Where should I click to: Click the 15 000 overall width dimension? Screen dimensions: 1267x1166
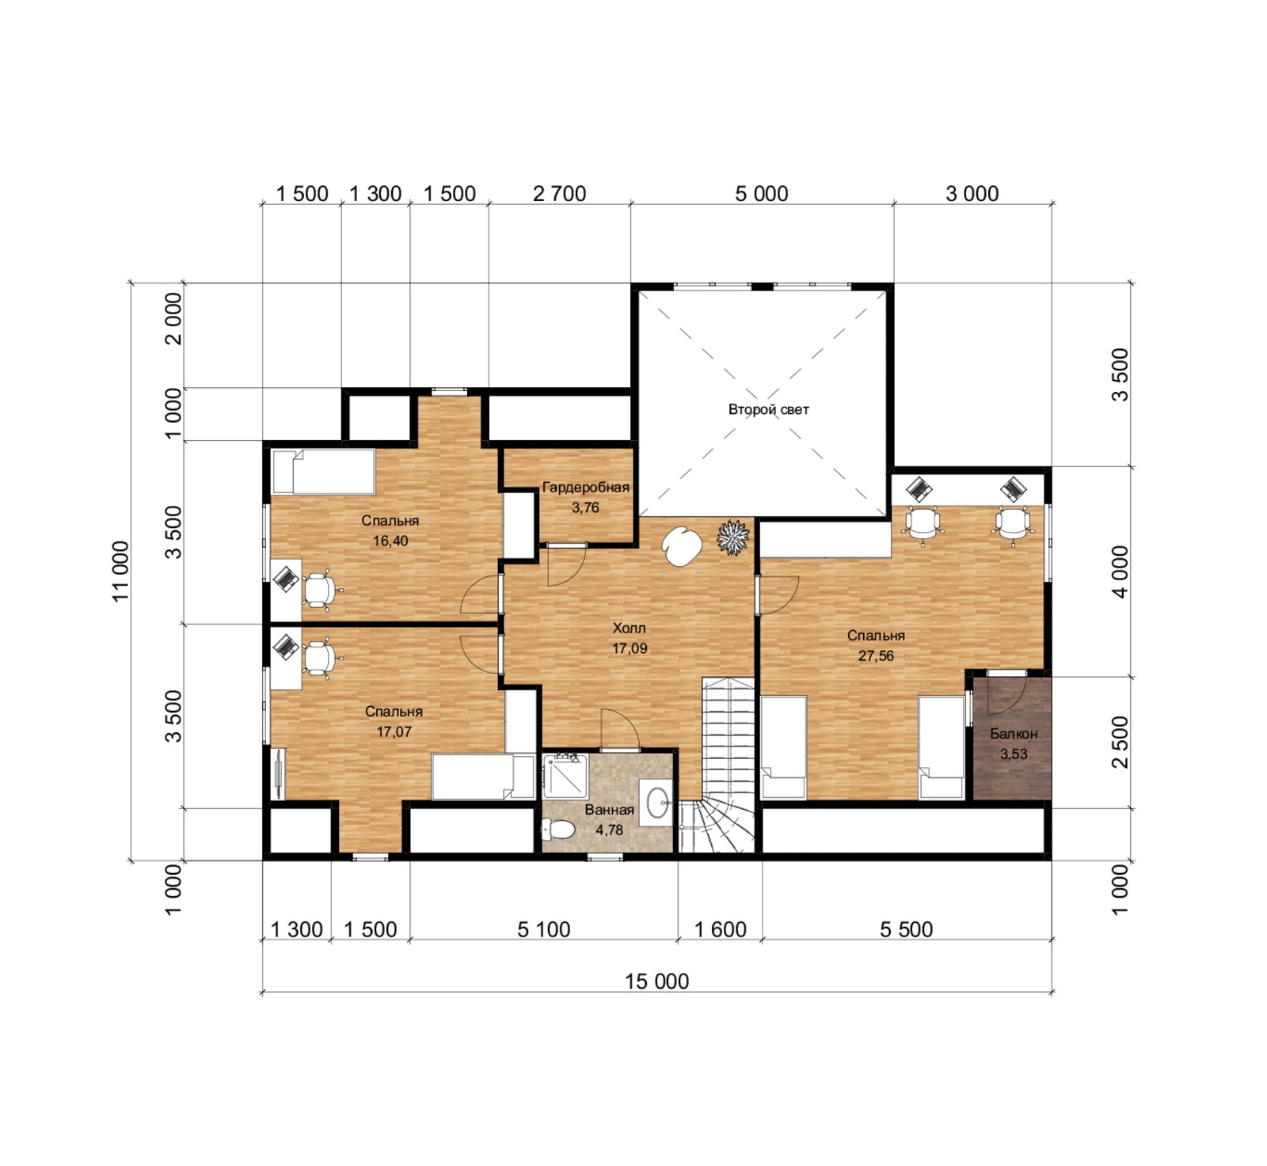coord(656,982)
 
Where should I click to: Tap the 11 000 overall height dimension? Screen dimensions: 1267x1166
coord(120,572)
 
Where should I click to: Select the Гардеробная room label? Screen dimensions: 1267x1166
coord(585,487)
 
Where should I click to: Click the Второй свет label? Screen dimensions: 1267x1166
coord(768,409)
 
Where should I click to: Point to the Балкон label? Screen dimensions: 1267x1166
coord(1014,734)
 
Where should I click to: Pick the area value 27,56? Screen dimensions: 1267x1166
coord(876,655)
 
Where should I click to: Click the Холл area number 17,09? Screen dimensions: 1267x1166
coord(630,648)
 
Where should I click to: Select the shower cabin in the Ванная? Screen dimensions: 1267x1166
coord(565,776)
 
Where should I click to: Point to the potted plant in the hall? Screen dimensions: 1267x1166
coord(732,537)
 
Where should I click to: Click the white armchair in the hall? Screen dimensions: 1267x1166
coord(682,546)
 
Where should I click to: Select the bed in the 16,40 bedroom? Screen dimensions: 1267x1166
coord(323,472)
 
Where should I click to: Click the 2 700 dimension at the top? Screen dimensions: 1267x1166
coord(559,194)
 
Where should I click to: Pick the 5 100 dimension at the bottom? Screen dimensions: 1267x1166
coord(543,929)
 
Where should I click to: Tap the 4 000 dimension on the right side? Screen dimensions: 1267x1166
coord(1120,572)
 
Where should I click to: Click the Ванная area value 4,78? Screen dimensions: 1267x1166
coord(609,830)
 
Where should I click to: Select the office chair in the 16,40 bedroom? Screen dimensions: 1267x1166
coord(319,591)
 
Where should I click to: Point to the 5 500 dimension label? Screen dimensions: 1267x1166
coord(906,929)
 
